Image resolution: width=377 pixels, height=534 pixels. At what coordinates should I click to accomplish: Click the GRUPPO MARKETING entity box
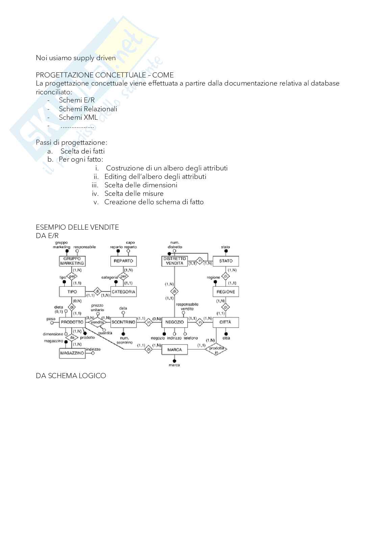[72, 261]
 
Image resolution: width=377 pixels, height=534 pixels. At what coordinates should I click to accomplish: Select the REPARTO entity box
[123, 261]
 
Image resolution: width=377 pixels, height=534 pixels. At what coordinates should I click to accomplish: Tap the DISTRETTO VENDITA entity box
[174, 261]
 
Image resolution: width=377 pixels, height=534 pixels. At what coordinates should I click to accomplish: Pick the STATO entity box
[226, 261]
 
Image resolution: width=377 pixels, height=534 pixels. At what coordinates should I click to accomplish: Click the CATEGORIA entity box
[124, 292]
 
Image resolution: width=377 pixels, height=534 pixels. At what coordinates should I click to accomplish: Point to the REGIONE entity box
[226, 292]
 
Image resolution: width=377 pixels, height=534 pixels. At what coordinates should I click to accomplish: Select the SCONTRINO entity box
[123, 322]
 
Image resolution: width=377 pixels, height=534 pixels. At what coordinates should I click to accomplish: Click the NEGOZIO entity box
[174, 322]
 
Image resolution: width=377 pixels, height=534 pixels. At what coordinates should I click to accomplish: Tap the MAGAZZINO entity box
[72, 353]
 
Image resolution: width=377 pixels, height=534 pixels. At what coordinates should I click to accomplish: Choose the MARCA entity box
[174, 350]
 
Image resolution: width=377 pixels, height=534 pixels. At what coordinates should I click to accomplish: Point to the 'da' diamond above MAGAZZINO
[72, 338]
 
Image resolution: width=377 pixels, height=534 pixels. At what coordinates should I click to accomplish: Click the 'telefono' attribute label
[191, 338]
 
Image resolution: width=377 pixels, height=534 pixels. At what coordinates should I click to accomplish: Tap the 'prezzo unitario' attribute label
[98, 307]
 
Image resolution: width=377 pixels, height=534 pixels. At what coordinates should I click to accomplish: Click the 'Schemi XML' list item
[78, 117]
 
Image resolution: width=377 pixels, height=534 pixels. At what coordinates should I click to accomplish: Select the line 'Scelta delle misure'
[134, 193]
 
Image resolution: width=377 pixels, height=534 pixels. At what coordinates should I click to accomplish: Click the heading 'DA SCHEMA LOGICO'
[71, 376]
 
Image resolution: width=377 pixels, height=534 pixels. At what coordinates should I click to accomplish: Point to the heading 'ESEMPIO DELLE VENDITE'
[77, 227]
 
